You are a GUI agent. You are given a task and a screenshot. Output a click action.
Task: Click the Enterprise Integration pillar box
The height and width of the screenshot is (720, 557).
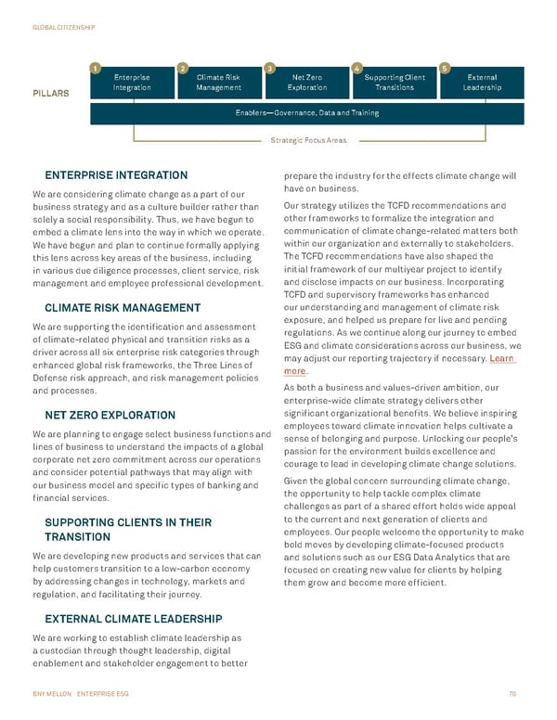pos(131,83)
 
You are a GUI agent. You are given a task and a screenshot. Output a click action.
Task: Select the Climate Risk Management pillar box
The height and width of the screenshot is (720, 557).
pos(219,83)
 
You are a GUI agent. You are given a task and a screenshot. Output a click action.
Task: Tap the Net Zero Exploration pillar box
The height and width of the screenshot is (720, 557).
pos(307,83)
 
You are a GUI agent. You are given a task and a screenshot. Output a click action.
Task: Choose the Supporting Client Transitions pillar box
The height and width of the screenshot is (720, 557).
pos(395,83)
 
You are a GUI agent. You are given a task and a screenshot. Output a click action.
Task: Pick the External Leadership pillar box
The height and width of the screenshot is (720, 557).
pos(483,83)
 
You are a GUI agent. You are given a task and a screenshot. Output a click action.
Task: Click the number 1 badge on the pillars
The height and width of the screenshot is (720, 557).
pos(95,67)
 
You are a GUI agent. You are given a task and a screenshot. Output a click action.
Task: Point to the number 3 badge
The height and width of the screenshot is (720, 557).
pos(269,67)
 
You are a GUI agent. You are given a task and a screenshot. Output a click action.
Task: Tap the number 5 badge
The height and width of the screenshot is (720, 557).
pos(445,67)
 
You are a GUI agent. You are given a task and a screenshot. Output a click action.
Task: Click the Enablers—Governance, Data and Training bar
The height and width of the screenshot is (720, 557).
pos(307,113)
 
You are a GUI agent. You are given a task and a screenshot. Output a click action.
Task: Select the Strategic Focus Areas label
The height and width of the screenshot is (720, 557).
pos(307,140)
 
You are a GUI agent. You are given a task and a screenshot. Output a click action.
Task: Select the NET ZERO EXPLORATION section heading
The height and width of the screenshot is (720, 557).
pos(110,415)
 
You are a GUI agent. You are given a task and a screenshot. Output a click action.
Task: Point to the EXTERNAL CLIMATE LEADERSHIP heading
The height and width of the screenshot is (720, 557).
pos(133,618)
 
